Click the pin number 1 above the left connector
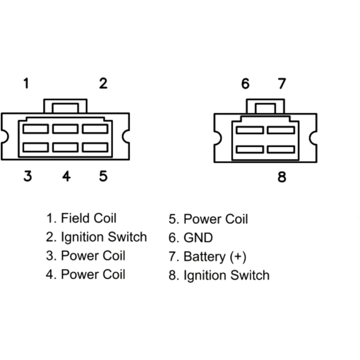pos(26,84)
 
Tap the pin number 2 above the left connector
pos(103,84)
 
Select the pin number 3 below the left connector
pos(28,176)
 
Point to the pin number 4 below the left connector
pos(66,176)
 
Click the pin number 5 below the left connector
pos(103,176)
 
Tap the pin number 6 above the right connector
pos(245,84)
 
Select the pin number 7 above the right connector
pos(282,84)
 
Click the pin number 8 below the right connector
pos(282,177)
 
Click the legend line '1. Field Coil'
pos(81,218)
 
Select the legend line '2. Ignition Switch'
pos(96,237)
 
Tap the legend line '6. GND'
pos(191,238)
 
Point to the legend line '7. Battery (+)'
pos(208,257)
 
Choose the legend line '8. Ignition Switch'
pos(219,275)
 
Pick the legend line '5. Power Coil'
pos(208,219)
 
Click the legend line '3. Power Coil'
pos(86,256)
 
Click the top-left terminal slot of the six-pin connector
pos(35,129)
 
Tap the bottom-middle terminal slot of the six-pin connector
pos(65,147)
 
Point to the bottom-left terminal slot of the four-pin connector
pos(250,149)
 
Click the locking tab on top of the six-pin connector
pos(65,107)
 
